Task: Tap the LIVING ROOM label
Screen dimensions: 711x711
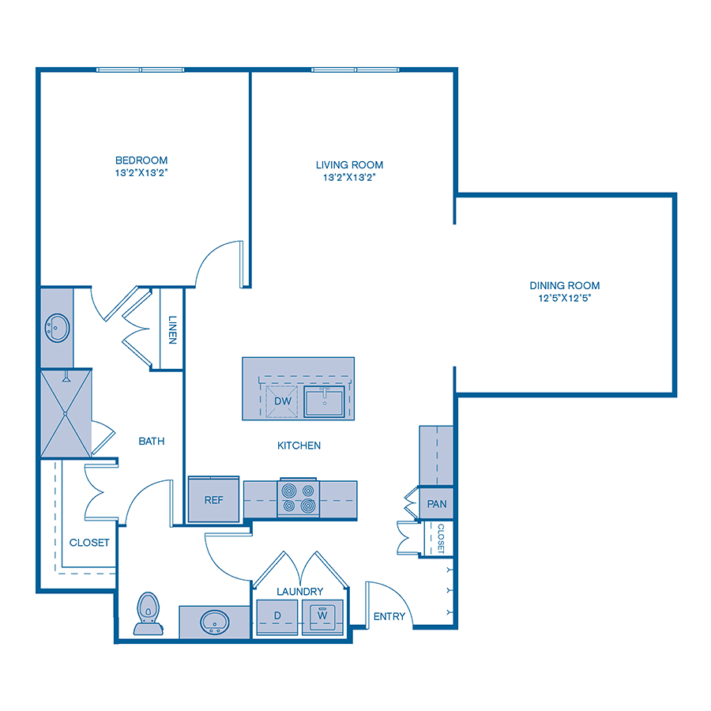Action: [x=349, y=165]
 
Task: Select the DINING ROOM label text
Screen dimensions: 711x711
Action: [x=564, y=286]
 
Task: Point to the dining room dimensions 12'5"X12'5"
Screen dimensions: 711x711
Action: [x=564, y=299]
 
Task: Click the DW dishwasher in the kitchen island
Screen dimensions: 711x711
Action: [x=283, y=401]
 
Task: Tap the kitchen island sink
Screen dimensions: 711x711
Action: [x=325, y=401]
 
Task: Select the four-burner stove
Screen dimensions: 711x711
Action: [x=298, y=499]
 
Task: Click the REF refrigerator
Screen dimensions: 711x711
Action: [x=213, y=499]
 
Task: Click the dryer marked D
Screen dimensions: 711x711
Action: [x=278, y=614]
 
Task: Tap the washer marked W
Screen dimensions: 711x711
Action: [x=322, y=614]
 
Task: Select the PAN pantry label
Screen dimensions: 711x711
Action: [x=436, y=504]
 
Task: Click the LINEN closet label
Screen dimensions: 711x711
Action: [x=172, y=329]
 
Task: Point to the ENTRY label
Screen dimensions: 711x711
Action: [x=389, y=616]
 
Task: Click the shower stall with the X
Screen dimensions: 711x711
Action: [x=66, y=414]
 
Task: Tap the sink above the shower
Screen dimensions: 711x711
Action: [x=57, y=327]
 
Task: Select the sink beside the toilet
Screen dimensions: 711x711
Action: [x=213, y=623]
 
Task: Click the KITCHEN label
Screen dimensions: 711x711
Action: [x=299, y=446]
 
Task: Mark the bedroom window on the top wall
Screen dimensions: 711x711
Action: [x=141, y=70]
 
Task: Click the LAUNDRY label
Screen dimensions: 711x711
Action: [x=299, y=591]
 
